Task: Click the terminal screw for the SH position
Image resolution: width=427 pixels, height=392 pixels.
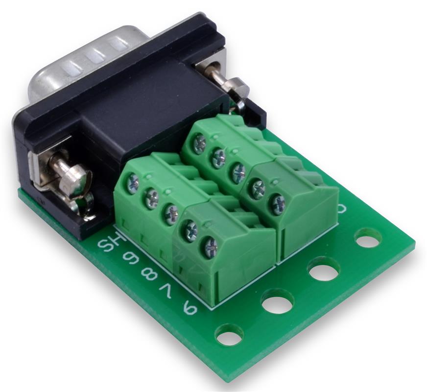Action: tap(133, 184)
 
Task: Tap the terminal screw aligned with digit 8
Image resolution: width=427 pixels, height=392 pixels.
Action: tap(171, 214)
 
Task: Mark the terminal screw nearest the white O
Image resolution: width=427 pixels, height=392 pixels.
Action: tap(278, 203)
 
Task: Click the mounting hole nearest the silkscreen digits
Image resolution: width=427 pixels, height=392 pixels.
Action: tap(229, 335)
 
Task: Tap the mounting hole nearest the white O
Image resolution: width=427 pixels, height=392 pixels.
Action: tap(368, 238)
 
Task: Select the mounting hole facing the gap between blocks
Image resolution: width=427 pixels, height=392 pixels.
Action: tap(277, 301)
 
